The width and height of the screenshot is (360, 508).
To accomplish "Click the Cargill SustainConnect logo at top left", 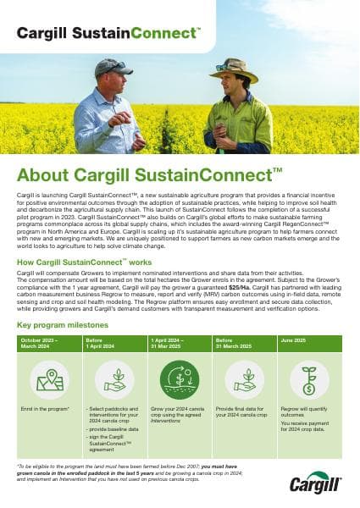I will click(x=109, y=32).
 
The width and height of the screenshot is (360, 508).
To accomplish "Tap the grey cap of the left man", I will click(x=115, y=66).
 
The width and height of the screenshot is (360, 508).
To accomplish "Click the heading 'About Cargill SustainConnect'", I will click(x=149, y=176).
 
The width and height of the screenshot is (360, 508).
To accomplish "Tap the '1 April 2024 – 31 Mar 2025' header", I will click(x=174, y=343).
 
